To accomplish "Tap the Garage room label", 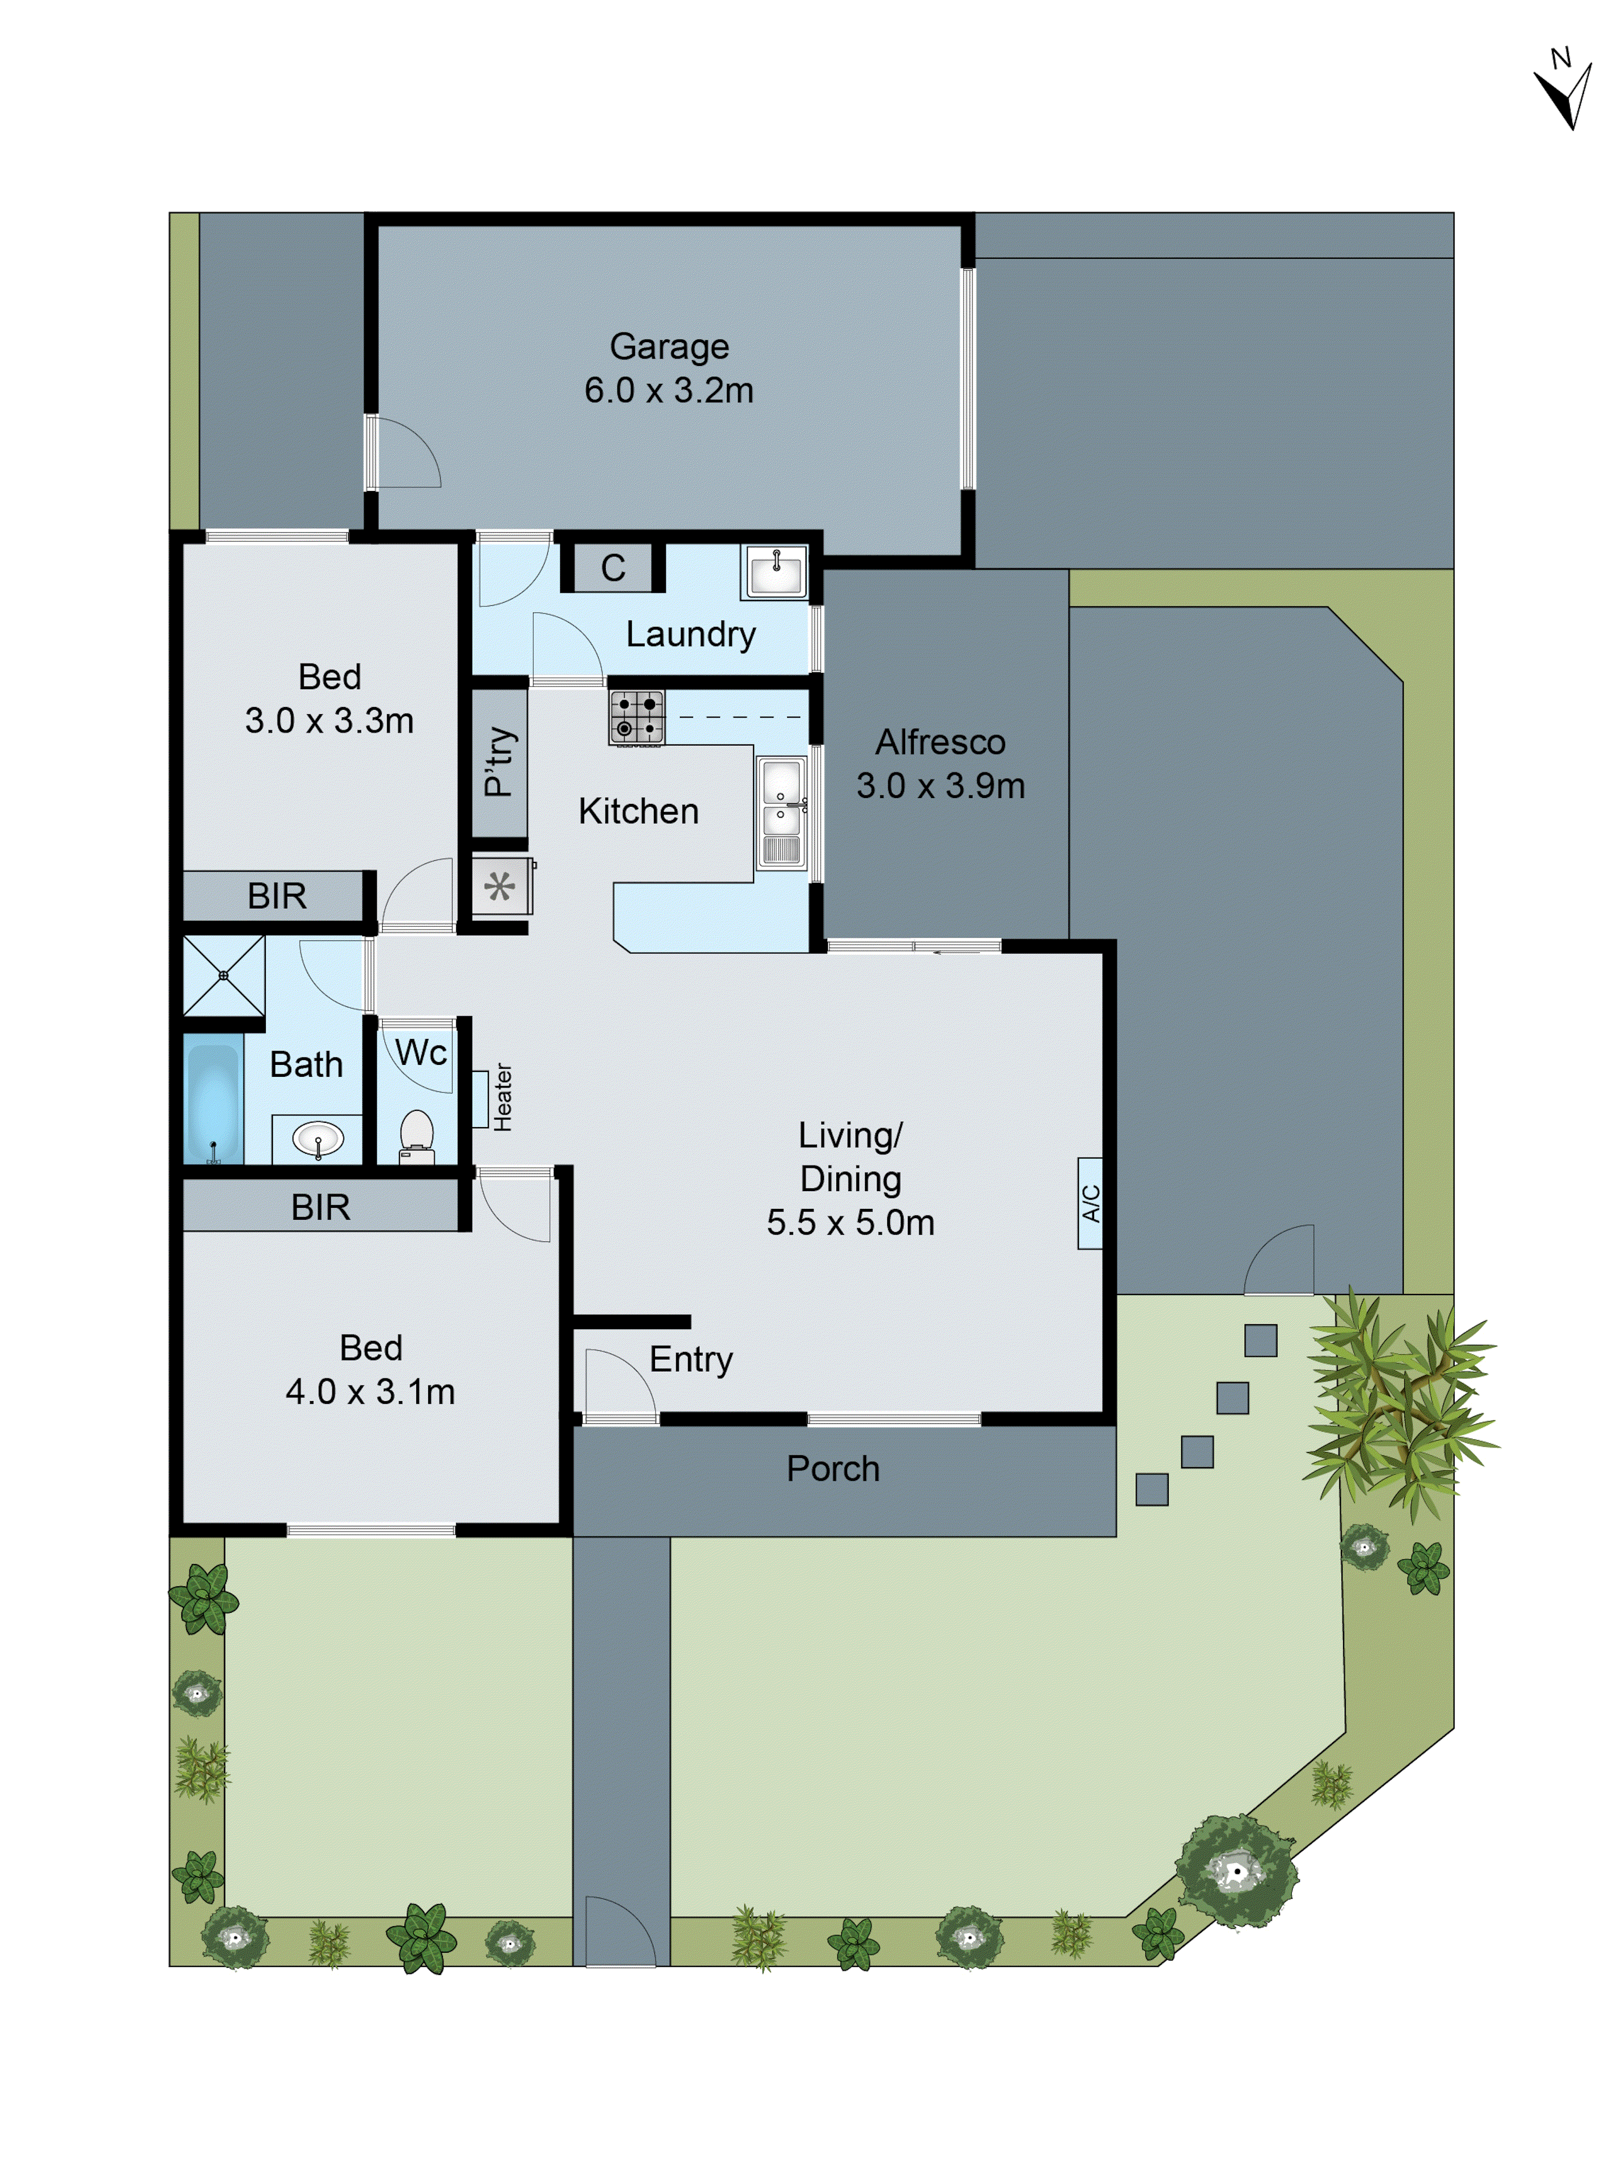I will [x=670, y=346].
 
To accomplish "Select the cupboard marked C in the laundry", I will [x=613, y=568].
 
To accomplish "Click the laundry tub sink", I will [x=775, y=572].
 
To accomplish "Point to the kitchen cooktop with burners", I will [x=636, y=716].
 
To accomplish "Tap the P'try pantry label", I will [x=499, y=762].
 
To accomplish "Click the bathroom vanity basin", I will [x=318, y=1139].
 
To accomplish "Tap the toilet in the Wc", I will [x=417, y=1135].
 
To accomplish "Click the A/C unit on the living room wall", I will [x=1090, y=1203].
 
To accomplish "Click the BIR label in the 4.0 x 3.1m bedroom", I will [x=320, y=1207].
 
